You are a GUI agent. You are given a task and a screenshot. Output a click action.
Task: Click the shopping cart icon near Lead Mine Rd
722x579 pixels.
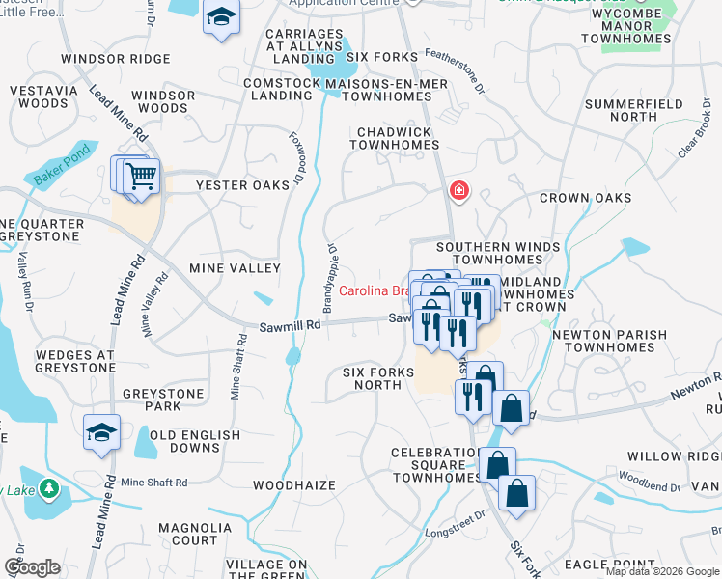[141, 177]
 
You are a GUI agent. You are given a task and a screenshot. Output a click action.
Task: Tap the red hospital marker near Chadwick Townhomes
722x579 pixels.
[458, 190]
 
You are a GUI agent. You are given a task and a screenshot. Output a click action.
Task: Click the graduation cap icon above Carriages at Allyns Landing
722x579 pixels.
[221, 17]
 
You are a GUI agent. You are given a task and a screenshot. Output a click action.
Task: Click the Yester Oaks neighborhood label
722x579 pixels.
[242, 185]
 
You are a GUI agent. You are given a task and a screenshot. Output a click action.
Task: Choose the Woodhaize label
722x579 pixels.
[294, 484]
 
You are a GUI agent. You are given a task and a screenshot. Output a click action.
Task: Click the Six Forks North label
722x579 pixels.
[372, 378]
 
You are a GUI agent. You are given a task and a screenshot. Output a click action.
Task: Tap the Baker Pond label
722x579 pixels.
[62, 165]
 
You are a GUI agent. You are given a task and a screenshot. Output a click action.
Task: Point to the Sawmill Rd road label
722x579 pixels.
[289, 327]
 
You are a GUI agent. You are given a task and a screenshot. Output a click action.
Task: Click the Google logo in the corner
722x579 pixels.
[32, 567]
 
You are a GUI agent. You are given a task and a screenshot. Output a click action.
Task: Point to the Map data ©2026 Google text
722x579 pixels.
[661, 571]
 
